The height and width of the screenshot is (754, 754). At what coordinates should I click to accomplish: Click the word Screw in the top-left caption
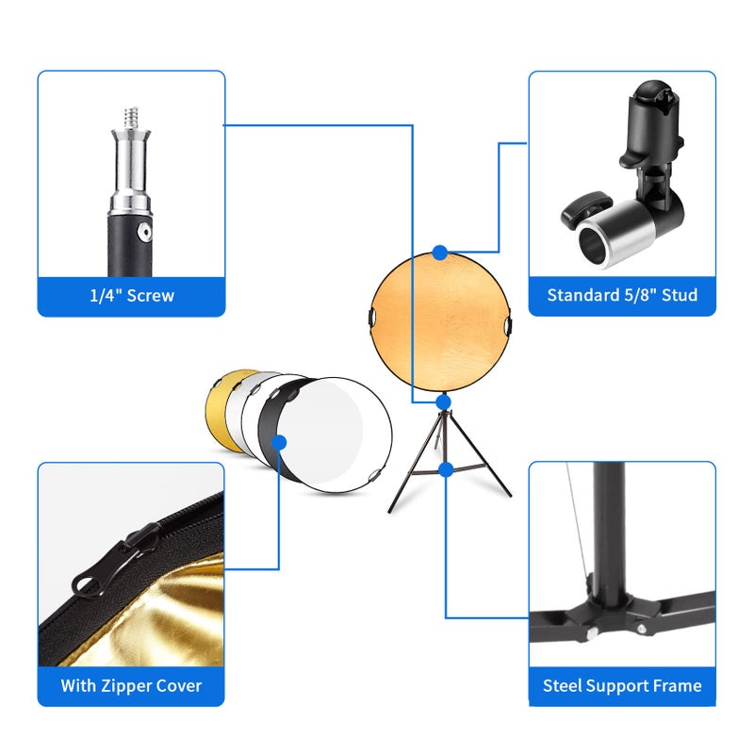click(x=150, y=296)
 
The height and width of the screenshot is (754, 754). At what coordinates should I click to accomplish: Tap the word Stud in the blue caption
click(x=678, y=296)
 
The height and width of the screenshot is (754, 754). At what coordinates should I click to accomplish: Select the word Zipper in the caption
click(x=129, y=685)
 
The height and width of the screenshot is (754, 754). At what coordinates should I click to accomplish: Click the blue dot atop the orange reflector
click(x=440, y=253)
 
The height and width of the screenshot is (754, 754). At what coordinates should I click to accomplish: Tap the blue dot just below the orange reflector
click(x=443, y=402)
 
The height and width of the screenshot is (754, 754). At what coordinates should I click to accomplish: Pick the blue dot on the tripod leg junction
click(x=447, y=468)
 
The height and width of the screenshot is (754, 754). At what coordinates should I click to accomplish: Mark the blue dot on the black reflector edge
click(x=278, y=441)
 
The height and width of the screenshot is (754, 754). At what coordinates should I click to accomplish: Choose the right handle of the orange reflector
click(x=509, y=325)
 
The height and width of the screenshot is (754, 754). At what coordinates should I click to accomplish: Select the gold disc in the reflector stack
click(x=221, y=405)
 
